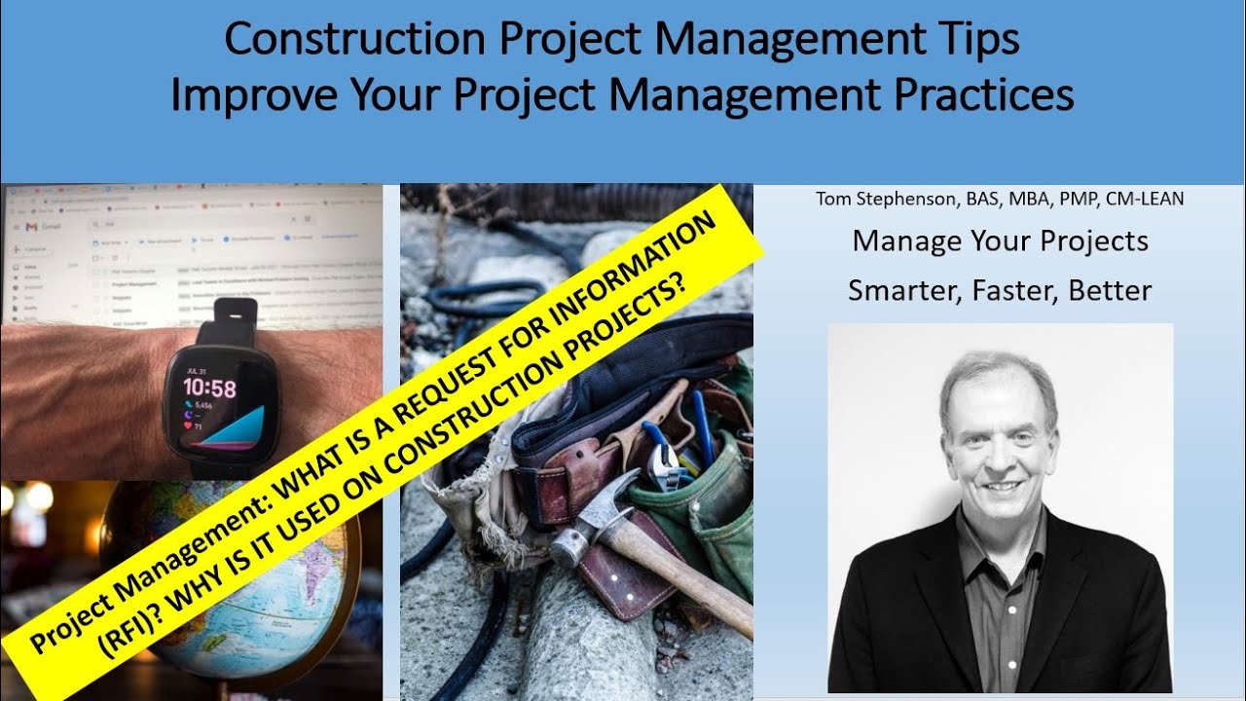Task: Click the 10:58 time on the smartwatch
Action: (x=209, y=389)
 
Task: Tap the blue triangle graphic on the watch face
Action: (x=234, y=428)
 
